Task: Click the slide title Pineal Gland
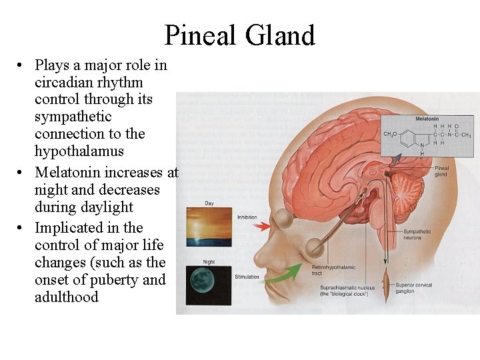tap(239, 35)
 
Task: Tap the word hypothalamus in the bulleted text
tap(79, 151)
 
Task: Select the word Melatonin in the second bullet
tap(69, 173)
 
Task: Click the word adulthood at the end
tap(67, 297)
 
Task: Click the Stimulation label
tap(247, 276)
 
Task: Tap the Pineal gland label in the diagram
tap(441, 171)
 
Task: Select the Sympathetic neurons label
tap(417, 235)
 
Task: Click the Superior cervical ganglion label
tap(414, 288)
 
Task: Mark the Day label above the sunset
tap(209, 202)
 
